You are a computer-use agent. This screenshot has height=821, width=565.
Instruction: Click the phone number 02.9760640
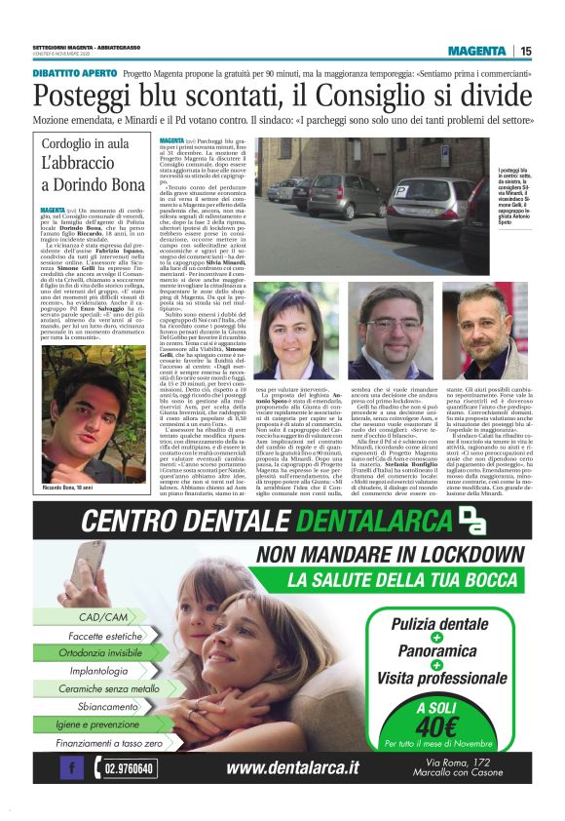pyautogui.click(x=127, y=769)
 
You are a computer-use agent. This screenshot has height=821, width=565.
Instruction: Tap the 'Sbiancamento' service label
pyautogui.click(x=108, y=706)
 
